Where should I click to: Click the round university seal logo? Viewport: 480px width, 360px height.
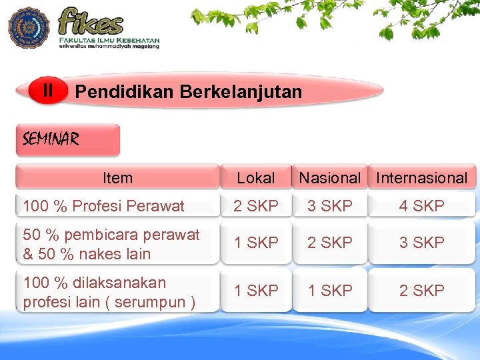(x=29, y=28)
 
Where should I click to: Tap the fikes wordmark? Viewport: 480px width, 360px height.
(x=91, y=22)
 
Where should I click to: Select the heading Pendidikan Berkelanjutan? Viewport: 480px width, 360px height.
(x=189, y=91)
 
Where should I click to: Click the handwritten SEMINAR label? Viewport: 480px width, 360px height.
(x=51, y=139)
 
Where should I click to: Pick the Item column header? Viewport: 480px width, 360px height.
(x=117, y=178)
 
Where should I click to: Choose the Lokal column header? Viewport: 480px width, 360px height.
(x=256, y=178)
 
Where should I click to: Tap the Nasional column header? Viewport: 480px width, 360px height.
(x=329, y=178)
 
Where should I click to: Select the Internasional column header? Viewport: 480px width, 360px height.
(x=422, y=178)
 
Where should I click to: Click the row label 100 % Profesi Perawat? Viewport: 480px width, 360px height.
(x=103, y=206)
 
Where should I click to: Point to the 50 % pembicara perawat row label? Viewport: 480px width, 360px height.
(x=111, y=244)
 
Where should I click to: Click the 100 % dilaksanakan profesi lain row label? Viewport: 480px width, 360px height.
(x=109, y=292)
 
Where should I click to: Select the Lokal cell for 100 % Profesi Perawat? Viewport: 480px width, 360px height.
(x=256, y=206)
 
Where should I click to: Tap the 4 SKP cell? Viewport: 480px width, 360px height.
(x=421, y=206)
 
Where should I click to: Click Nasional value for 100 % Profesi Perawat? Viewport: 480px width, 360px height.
(x=329, y=206)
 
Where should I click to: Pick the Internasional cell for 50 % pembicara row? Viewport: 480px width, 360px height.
(x=421, y=243)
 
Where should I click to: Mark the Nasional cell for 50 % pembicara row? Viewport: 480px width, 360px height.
(x=329, y=243)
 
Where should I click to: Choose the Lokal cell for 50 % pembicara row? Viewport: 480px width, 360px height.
(x=256, y=243)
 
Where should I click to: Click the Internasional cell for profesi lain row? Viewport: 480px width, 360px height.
(x=421, y=291)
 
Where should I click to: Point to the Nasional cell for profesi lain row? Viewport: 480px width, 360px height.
(x=329, y=291)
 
